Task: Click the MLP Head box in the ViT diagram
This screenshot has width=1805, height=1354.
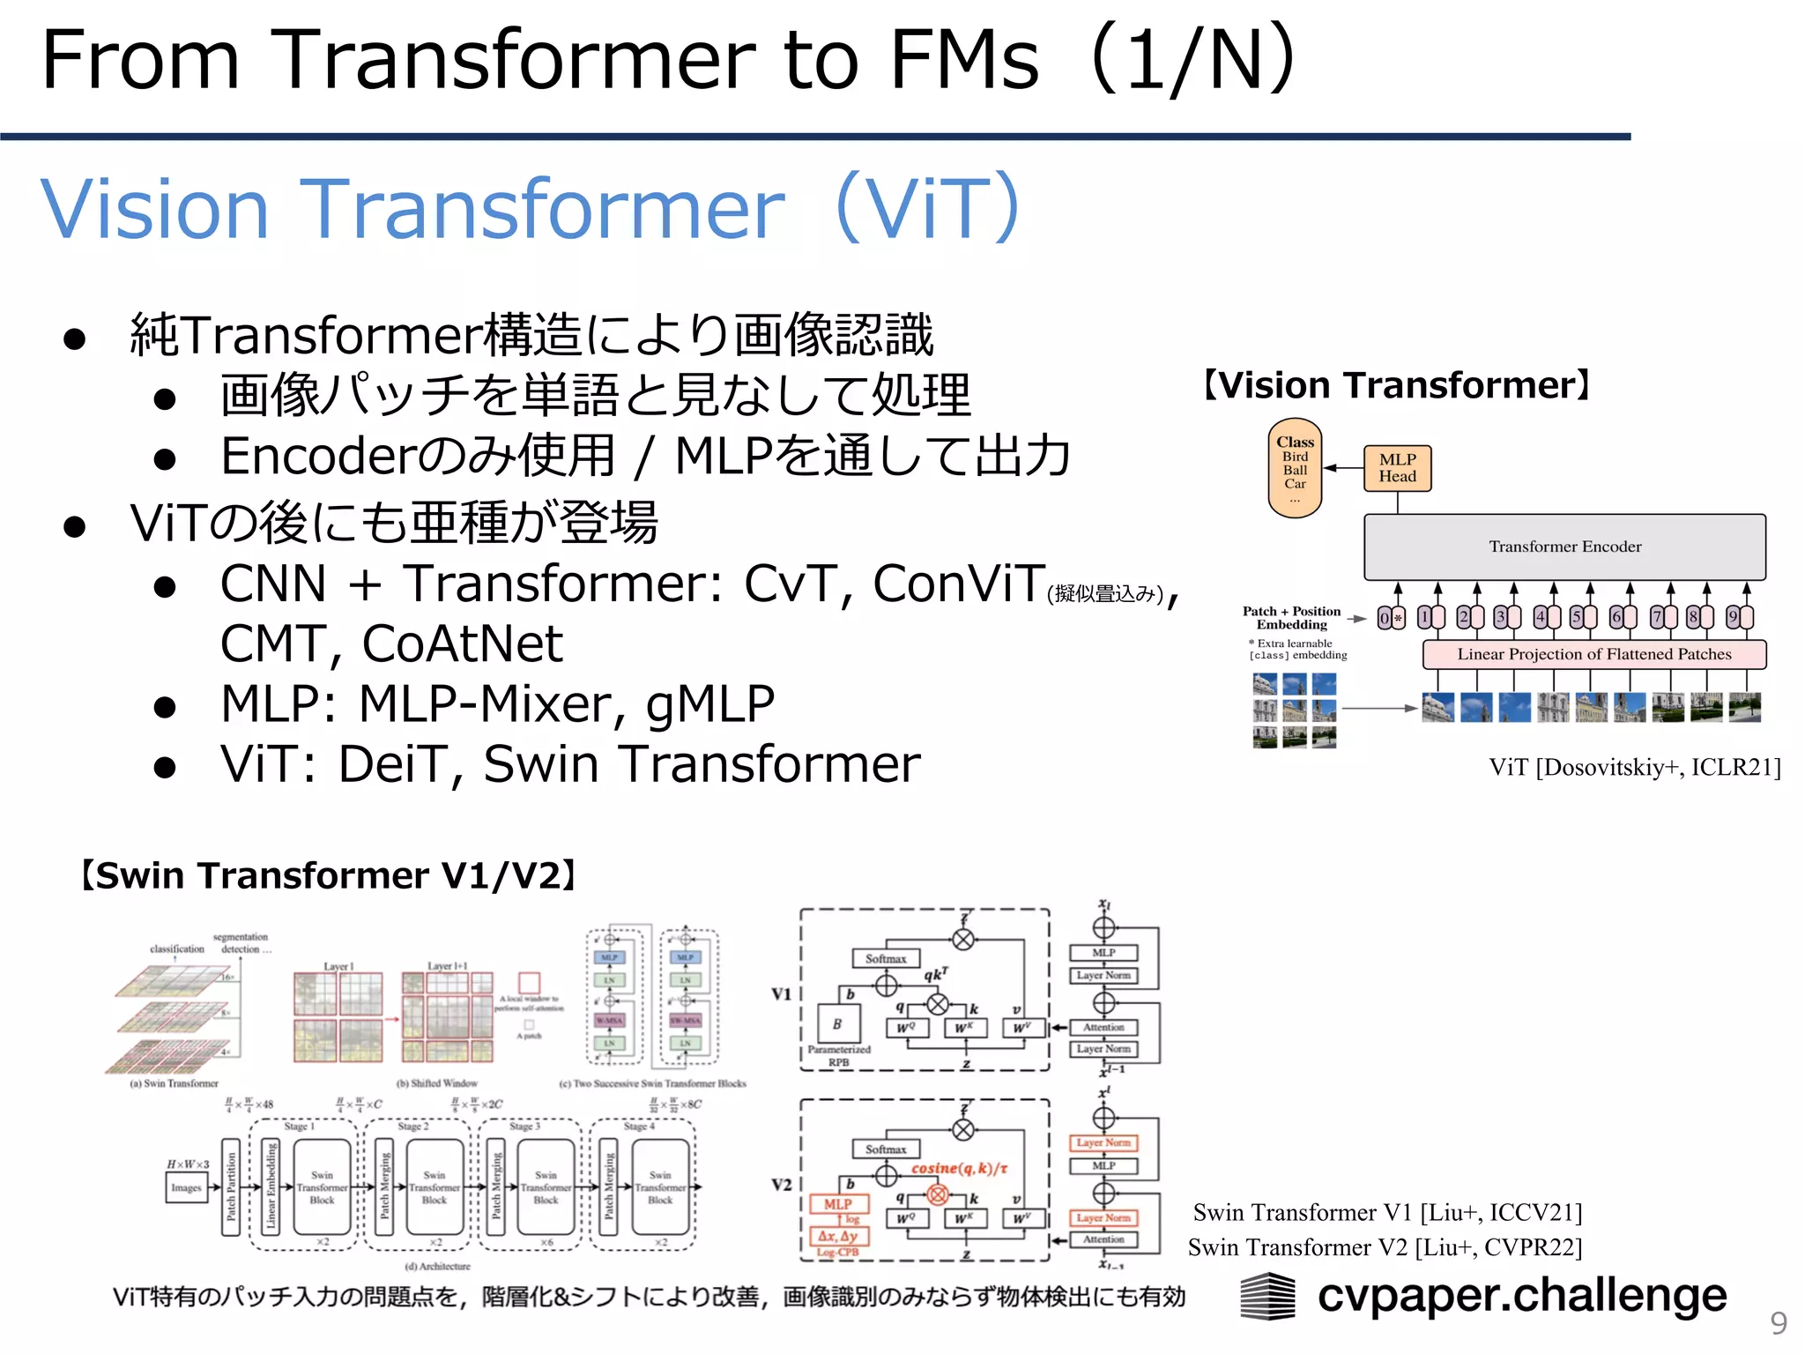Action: [1397, 468]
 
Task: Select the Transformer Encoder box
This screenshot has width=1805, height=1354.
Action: [1564, 547]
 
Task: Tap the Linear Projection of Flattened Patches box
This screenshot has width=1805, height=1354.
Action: [1593, 654]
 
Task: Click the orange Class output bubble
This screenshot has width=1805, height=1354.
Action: [1295, 468]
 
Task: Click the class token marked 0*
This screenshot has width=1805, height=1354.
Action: [1390, 618]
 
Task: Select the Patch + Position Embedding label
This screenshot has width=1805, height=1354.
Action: [1291, 618]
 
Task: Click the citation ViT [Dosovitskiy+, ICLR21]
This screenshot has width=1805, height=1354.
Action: [1635, 767]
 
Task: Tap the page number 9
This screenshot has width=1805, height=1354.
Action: [1779, 1323]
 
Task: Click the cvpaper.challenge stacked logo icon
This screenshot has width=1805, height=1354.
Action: [1267, 1296]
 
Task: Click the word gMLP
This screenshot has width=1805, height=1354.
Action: [709, 703]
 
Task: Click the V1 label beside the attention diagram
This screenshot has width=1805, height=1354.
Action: [781, 994]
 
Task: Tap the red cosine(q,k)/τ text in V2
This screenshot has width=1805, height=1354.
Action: [959, 1168]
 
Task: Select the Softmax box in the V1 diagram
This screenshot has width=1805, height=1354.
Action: [885, 958]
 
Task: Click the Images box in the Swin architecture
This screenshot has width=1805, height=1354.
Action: [186, 1187]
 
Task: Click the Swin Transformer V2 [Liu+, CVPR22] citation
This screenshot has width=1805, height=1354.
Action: [1385, 1247]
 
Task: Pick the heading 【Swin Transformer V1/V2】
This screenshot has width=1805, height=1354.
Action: [328, 876]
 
